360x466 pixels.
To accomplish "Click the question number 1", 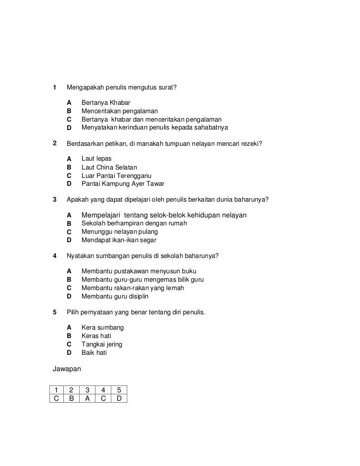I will tap(54, 87).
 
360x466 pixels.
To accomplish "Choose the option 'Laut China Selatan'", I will tap(109, 167).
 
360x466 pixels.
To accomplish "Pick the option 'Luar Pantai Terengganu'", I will tap(116, 175).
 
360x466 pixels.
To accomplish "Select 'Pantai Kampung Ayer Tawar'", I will tap(123, 184).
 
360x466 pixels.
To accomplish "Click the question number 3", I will tap(54, 200).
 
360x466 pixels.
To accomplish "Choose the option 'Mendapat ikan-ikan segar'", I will tap(119, 240).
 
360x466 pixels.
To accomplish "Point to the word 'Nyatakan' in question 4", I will tap(80, 256).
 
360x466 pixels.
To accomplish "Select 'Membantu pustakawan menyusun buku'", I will tap(138, 271).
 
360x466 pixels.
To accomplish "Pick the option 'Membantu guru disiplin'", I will tap(115, 297).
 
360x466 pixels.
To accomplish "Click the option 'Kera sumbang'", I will tap(102, 328).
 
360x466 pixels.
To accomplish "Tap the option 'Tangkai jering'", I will tap(101, 344).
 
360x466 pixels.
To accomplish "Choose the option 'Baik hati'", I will tap(94, 353).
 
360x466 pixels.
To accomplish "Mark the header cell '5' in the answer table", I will tap(119, 389).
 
